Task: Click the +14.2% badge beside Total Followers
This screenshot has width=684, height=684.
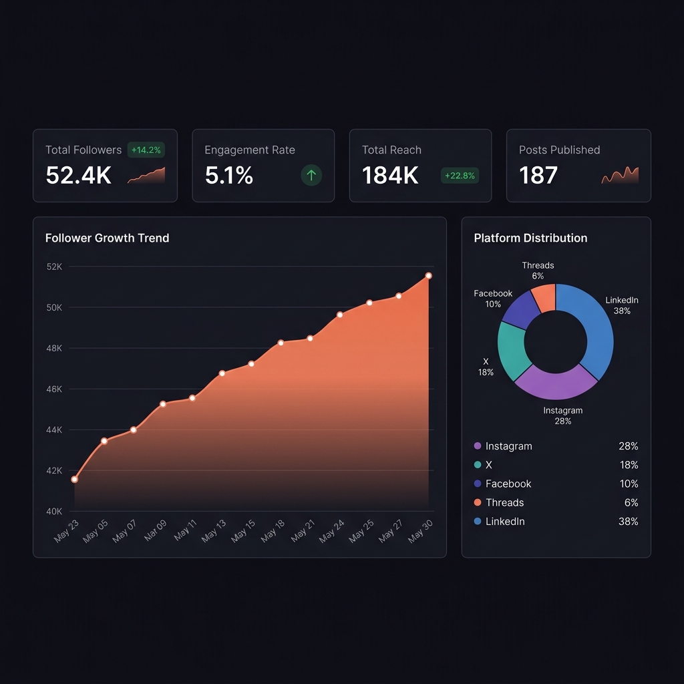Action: click(x=146, y=150)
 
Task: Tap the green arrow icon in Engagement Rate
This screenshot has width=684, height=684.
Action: click(x=311, y=176)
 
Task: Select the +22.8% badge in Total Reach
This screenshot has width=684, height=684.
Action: click(x=459, y=176)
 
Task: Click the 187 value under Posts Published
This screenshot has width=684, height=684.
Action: click(x=538, y=176)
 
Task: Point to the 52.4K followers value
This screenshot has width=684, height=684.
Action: click(x=78, y=176)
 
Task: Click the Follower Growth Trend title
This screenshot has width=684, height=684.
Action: click(x=107, y=238)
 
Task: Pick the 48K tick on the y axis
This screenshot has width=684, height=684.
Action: click(x=54, y=349)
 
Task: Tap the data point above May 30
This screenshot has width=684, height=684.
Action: click(x=428, y=276)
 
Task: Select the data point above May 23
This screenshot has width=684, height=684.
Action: click(x=74, y=480)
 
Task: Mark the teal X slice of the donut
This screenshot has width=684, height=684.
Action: click(x=513, y=351)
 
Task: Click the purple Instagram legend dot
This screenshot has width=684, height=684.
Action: click(x=477, y=446)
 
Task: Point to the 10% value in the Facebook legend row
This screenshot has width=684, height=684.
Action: click(x=629, y=484)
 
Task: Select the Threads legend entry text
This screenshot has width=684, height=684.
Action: click(x=504, y=502)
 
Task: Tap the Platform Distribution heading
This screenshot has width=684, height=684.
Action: click(x=530, y=238)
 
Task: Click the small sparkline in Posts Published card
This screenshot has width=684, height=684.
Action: click(x=620, y=176)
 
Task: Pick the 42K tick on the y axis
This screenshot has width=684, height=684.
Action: click(x=54, y=471)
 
